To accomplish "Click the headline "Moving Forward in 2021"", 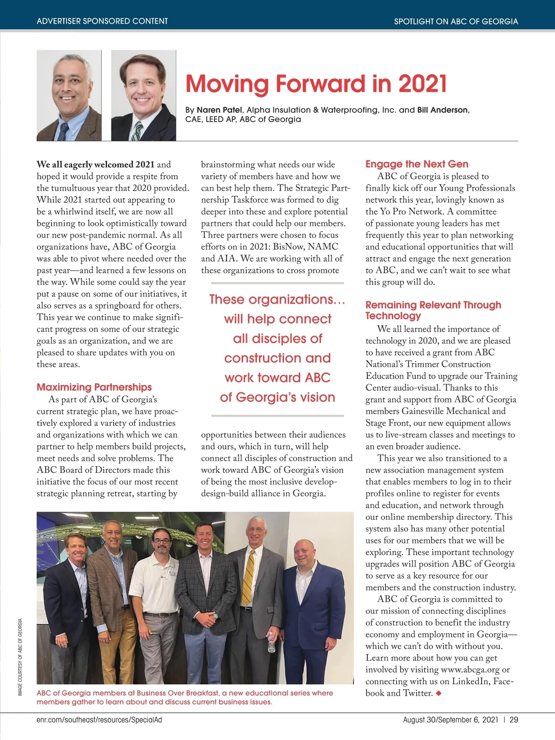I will coord(316,84).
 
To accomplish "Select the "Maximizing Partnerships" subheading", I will coord(94,387).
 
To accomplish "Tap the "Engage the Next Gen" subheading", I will coord(417,164).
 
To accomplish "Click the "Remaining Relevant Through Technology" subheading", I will coord(433,310).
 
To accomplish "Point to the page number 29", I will coord(513,720).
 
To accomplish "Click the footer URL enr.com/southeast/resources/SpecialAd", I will coord(99,720).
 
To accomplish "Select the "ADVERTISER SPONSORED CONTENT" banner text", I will coord(102,21).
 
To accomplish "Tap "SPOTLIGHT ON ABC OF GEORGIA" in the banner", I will coord(456,21).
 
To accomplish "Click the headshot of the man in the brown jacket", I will coord(69,95).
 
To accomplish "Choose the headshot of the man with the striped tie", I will coord(143,95).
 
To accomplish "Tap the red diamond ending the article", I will coord(438,693).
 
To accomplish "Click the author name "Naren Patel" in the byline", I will coord(219,110).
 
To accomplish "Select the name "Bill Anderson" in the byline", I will coord(443,110).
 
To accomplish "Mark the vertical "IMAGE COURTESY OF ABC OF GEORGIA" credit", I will coord(20,657).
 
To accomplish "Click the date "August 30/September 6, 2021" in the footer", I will coord(450,720).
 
